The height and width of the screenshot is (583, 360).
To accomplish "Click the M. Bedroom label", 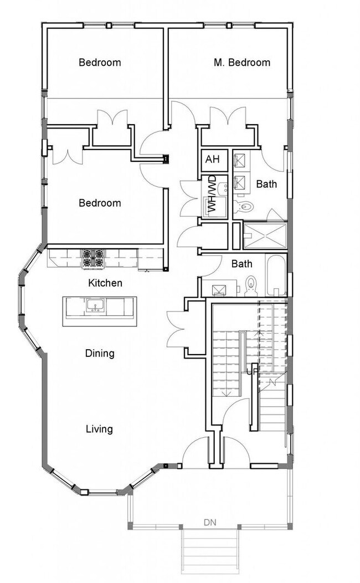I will tap(242, 63).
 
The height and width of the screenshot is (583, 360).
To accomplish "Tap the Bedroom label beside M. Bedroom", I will tap(100, 63).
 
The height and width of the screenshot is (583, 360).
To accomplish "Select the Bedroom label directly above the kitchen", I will tap(100, 203).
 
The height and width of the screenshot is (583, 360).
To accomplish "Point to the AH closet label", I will tap(212, 160).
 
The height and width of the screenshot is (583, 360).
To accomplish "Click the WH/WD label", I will tap(211, 195).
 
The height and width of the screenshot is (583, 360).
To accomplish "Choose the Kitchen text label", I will tap(105, 283).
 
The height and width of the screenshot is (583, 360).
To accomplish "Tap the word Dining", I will tap(100, 354).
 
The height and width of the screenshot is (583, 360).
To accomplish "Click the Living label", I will tap(99, 429).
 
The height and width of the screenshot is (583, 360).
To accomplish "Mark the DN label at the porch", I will tap(209, 522).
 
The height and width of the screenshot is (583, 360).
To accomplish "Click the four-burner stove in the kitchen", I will tap(93, 259).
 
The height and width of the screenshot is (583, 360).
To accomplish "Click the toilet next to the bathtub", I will tap(251, 285).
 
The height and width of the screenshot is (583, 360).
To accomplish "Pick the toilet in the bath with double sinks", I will tap(244, 207).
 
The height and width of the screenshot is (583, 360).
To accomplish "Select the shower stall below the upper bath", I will tap(265, 235).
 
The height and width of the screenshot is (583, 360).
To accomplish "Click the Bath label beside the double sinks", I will tap(266, 184).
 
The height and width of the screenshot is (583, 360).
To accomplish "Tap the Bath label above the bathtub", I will tap(242, 264).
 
